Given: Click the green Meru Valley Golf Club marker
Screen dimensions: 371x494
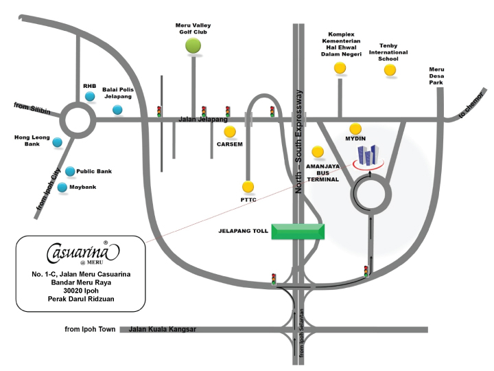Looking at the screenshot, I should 193,45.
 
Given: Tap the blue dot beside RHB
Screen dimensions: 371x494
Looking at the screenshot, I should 90,97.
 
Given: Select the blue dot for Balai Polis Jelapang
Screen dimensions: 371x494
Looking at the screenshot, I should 117,110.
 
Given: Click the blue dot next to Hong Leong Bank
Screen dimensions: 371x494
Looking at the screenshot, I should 57,143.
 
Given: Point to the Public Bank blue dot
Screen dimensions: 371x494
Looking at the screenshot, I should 69,171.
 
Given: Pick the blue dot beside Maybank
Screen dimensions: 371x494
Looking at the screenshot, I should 62,187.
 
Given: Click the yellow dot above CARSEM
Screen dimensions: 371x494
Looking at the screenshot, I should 230,131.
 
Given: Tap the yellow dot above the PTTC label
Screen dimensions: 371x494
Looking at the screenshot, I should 248,186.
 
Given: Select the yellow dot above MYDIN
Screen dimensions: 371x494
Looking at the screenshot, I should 355,128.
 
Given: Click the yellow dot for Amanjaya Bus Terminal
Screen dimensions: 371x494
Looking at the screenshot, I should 317,152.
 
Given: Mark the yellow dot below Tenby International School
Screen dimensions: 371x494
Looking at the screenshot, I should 390,69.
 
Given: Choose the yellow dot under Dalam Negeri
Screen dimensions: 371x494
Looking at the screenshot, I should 340,67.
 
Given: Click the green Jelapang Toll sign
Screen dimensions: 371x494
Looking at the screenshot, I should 298,232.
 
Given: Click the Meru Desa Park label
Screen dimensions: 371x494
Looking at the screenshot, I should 437,76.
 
